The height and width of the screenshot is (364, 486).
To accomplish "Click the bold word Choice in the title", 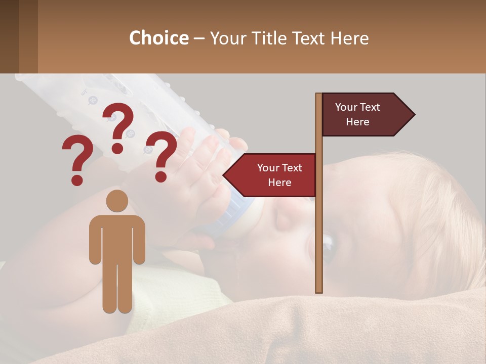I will (158, 38).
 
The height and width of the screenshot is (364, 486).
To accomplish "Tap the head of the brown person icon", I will (117, 201).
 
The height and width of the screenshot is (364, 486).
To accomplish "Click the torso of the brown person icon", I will (117, 238).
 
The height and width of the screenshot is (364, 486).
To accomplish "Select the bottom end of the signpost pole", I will (319, 289).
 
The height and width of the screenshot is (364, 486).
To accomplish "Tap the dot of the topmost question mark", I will (117, 149).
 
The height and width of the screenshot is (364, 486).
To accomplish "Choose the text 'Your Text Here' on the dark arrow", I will (357, 115).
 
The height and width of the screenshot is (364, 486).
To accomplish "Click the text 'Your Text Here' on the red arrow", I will (279, 175).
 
